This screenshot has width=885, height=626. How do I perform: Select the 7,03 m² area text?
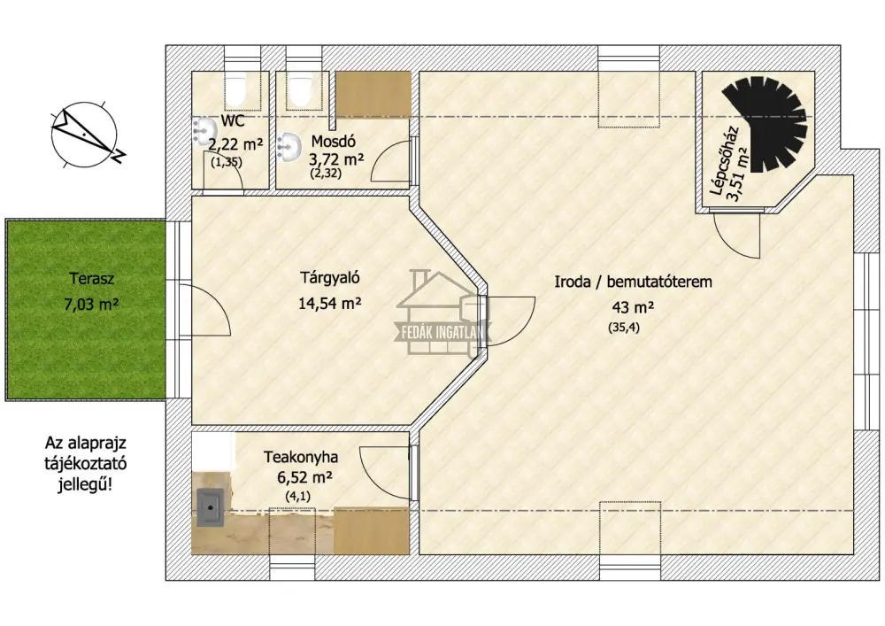pyautogui.click(x=91, y=305)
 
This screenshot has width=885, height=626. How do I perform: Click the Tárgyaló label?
pyautogui.click(x=330, y=278)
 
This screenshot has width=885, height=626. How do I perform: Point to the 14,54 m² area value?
pyautogui.click(x=330, y=303)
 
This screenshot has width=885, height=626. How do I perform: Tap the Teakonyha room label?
pyautogui.click(x=301, y=456)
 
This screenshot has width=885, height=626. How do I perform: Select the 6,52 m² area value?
pyautogui.click(x=304, y=477)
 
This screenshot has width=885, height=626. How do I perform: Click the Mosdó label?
pyautogui.click(x=333, y=141)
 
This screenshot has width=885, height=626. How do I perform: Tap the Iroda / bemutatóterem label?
pyautogui.click(x=633, y=281)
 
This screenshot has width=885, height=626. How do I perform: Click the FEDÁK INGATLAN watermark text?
pyautogui.click(x=442, y=332)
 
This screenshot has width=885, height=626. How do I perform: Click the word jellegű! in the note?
pyautogui.click(x=85, y=484)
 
